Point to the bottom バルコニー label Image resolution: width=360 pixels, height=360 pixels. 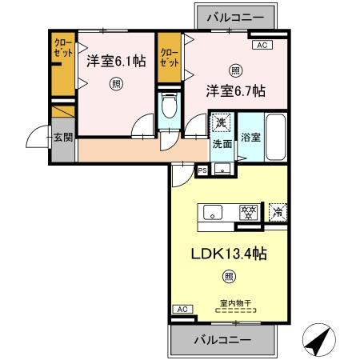[223, 339]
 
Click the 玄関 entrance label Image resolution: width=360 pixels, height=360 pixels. [63, 138]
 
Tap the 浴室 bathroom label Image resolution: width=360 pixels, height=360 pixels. [250, 137]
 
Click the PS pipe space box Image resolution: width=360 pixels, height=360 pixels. [202, 170]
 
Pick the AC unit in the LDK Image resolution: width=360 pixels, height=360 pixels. [182, 309]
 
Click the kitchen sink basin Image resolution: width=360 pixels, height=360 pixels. [214, 212]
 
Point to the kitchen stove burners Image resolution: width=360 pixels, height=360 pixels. [249, 212]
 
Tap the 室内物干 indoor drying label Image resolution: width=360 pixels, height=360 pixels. [235, 303]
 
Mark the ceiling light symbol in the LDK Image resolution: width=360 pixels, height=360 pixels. [229, 278]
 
